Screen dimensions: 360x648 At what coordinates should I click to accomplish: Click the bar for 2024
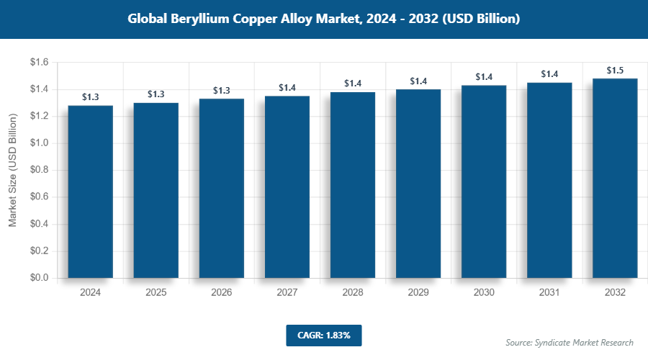pyautogui.click(x=91, y=192)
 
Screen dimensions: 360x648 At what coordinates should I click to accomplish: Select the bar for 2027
pyautogui.click(x=287, y=187)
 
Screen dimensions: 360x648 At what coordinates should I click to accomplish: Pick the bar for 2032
pyautogui.click(x=615, y=178)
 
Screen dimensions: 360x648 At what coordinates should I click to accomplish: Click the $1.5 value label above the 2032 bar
pyautogui.click(x=615, y=71)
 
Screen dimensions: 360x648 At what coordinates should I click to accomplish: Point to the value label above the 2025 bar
pyautogui.click(x=156, y=94)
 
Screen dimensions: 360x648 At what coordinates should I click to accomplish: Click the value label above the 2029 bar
pyautogui.click(x=418, y=81)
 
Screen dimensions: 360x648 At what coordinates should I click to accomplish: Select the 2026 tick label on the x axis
pyautogui.click(x=222, y=293)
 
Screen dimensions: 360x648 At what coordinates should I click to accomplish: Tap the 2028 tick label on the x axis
pyautogui.click(x=353, y=293)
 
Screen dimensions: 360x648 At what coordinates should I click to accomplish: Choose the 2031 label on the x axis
pyautogui.click(x=549, y=293)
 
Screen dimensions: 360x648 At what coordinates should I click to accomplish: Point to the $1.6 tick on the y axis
pyautogui.click(x=39, y=63)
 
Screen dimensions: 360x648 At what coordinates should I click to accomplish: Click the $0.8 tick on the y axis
pyautogui.click(x=39, y=170)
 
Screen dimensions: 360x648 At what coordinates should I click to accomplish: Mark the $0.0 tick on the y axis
pyautogui.click(x=39, y=278)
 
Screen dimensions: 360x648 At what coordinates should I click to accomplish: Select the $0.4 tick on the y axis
pyautogui.click(x=39, y=224)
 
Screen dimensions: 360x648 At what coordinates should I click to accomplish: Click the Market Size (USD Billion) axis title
pyautogui.click(x=13, y=170)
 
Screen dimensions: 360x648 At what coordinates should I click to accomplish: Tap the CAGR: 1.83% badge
pyautogui.click(x=323, y=335)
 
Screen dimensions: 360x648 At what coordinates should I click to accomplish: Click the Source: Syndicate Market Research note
pyautogui.click(x=570, y=342)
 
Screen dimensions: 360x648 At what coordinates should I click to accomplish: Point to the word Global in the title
pyautogui.click(x=147, y=19)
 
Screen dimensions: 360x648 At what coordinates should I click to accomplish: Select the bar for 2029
pyautogui.click(x=418, y=184)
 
